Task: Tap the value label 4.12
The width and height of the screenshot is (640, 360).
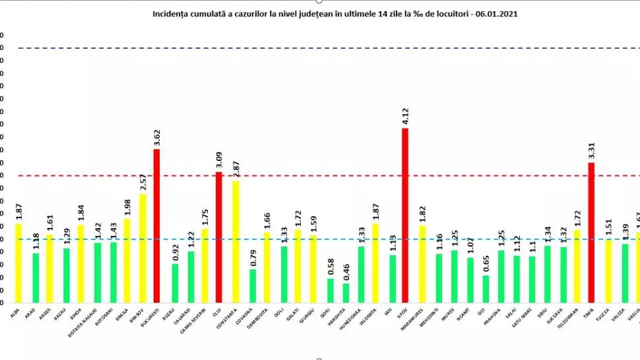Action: coord(406,115)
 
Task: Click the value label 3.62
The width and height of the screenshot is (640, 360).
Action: coord(157,136)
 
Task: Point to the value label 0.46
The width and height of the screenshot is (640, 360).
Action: coord(346,271)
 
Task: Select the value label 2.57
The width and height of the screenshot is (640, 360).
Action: coord(142,181)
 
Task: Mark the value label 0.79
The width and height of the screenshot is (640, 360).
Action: coord(253,257)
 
